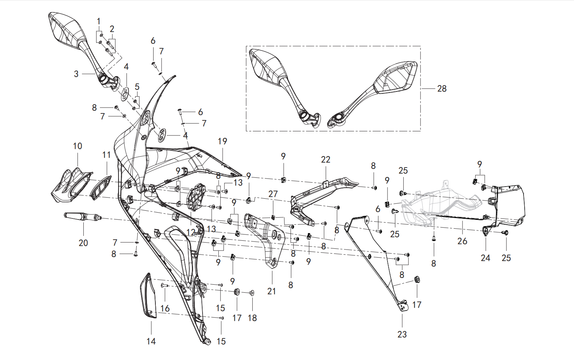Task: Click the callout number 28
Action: tap(442, 89)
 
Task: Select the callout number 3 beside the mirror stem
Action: tap(76, 74)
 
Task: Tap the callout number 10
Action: tap(78, 146)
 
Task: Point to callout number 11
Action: tap(106, 155)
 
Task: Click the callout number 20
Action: tap(83, 243)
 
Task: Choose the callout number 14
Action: tap(151, 341)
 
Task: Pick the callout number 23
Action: tap(402, 334)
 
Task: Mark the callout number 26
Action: tap(462, 241)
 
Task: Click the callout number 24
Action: tap(485, 258)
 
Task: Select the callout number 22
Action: tap(326, 160)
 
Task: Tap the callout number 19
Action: tap(222, 141)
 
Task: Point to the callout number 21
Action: tap(271, 291)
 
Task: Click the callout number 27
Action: tap(273, 194)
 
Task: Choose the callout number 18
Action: tap(252, 318)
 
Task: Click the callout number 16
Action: tap(165, 308)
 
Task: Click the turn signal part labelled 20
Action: tap(83, 216)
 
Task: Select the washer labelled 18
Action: tap(252, 293)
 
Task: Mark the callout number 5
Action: tap(137, 86)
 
